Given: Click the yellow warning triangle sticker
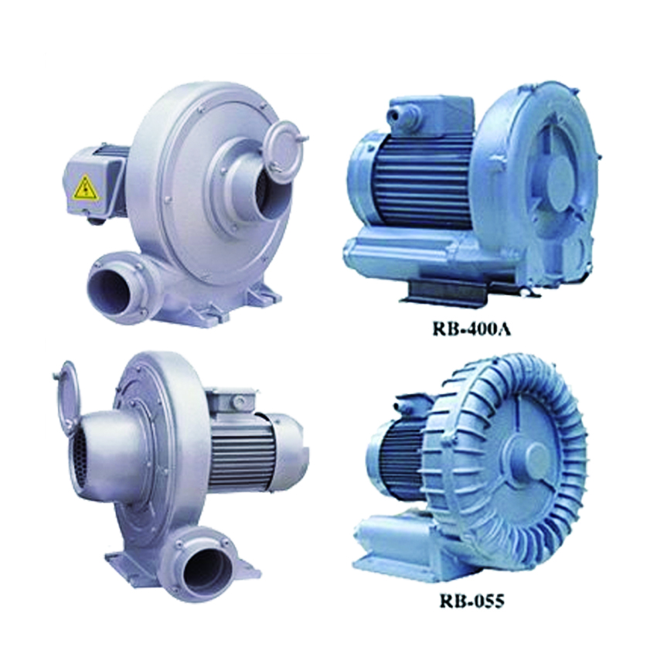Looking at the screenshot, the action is [x=87, y=188].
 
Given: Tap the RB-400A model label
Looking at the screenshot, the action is [x=471, y=328].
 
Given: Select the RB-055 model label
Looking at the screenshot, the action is [x=471, y=601].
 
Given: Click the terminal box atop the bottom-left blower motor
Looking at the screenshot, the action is [x=233, y=401].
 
